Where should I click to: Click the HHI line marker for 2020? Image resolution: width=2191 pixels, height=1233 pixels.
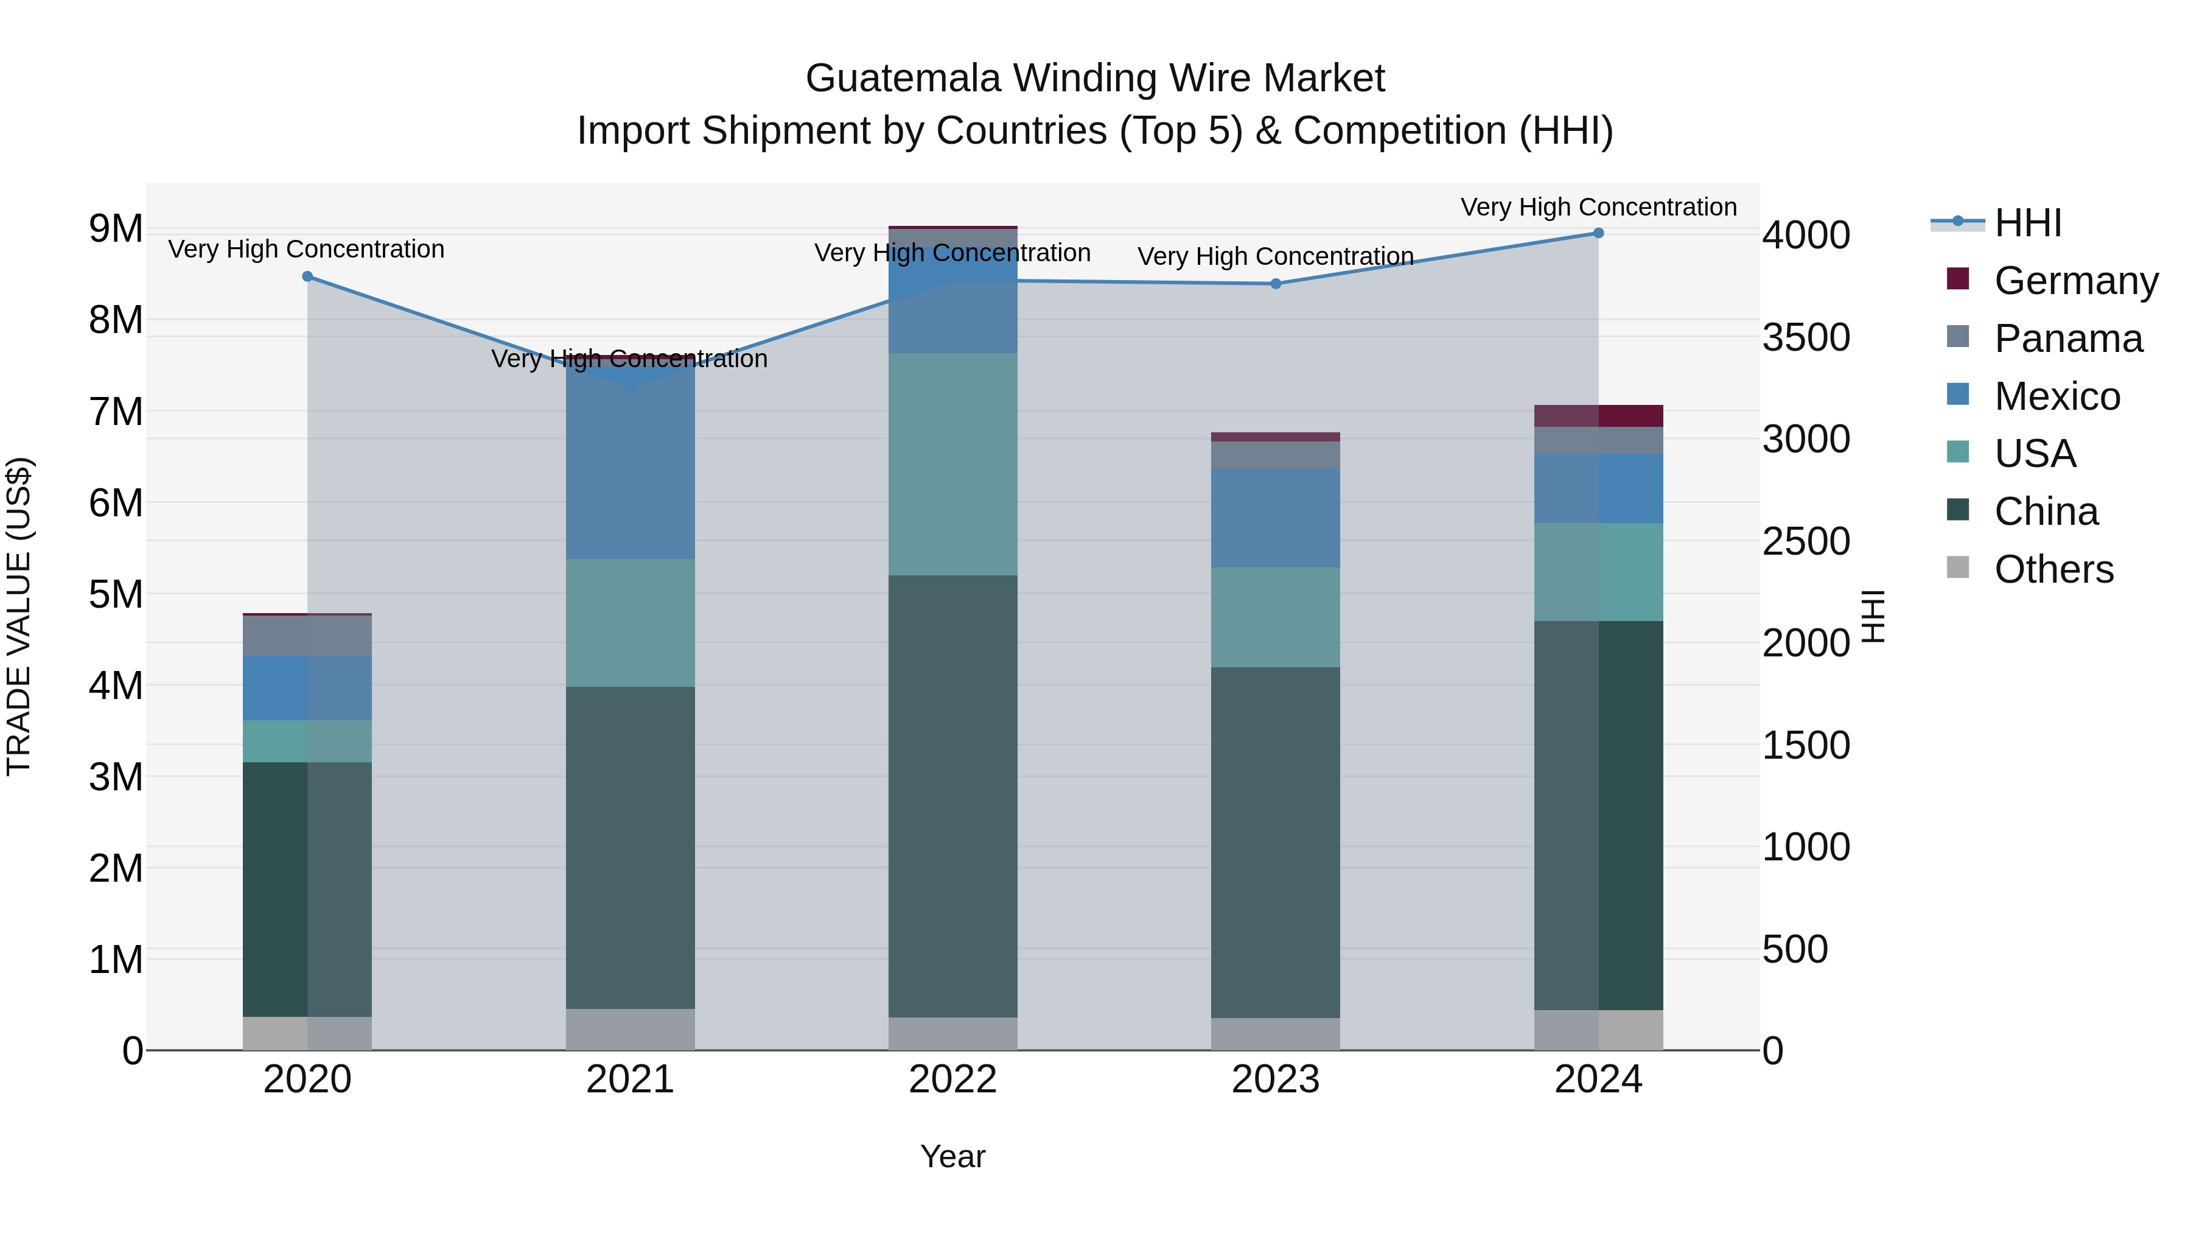307,276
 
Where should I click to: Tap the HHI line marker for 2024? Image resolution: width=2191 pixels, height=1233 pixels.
1598,233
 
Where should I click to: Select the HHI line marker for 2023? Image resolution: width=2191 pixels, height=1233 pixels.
1276,283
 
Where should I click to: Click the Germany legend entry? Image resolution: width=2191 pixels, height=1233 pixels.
2075,281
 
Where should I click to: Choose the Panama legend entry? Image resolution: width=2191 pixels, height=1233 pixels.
2067,339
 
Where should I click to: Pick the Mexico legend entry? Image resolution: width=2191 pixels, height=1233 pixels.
2056,396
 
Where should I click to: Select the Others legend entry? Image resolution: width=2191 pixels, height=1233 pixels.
2053,569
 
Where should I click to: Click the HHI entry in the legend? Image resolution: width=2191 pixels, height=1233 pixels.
2028,223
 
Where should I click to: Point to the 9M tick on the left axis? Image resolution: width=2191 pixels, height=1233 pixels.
116,229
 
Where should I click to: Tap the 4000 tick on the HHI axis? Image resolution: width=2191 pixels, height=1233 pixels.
1806,235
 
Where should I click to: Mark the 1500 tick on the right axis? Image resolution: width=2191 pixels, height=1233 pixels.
1806,745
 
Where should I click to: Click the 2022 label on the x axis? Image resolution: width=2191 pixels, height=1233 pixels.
952,1079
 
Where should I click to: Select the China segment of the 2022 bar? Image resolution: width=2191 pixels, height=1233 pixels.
952,796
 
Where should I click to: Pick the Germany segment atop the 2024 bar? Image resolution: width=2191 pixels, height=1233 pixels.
1598,416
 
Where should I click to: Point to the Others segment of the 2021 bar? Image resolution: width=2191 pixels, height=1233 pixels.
631,1029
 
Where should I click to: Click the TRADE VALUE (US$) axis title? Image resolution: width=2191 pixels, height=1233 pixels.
19,616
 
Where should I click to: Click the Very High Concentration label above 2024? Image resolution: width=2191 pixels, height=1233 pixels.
1598,207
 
